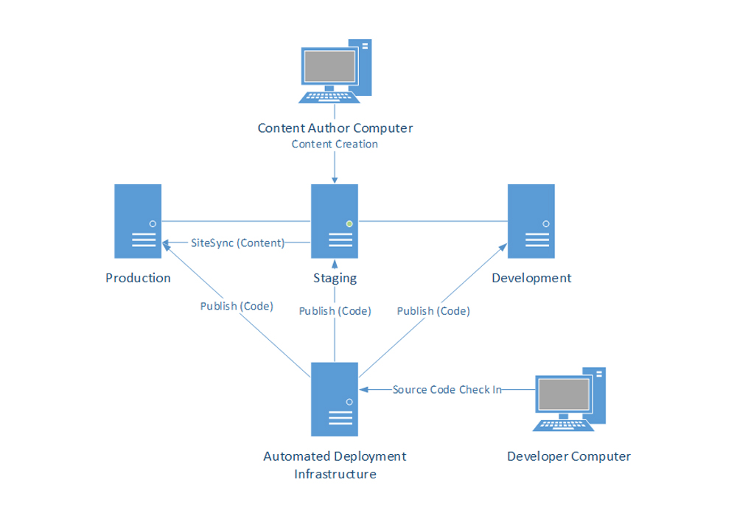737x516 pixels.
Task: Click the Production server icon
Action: click(138, 221)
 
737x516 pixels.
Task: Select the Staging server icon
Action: click(335, 221)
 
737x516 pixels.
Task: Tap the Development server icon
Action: click(531, 221)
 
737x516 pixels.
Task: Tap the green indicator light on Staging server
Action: click(349, 223)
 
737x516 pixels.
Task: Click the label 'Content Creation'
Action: click(335, 144)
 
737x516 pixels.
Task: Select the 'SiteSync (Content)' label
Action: click(237, 243)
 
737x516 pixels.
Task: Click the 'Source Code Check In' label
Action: click(447, 389)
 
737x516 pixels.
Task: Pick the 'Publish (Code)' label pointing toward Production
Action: click(237, 306)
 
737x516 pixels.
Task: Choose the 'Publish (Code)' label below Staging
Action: click(335, 311)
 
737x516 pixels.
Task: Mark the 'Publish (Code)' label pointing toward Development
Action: click(433, 311)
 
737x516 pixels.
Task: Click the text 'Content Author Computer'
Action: click(335, 128)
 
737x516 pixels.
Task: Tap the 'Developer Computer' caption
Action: click(569, 456)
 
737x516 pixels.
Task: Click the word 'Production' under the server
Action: click(138, 278)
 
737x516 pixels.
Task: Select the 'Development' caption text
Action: click(531, 278)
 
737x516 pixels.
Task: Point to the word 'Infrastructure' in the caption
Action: click(335, 474)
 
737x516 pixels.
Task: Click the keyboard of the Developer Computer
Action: click(562, 424)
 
